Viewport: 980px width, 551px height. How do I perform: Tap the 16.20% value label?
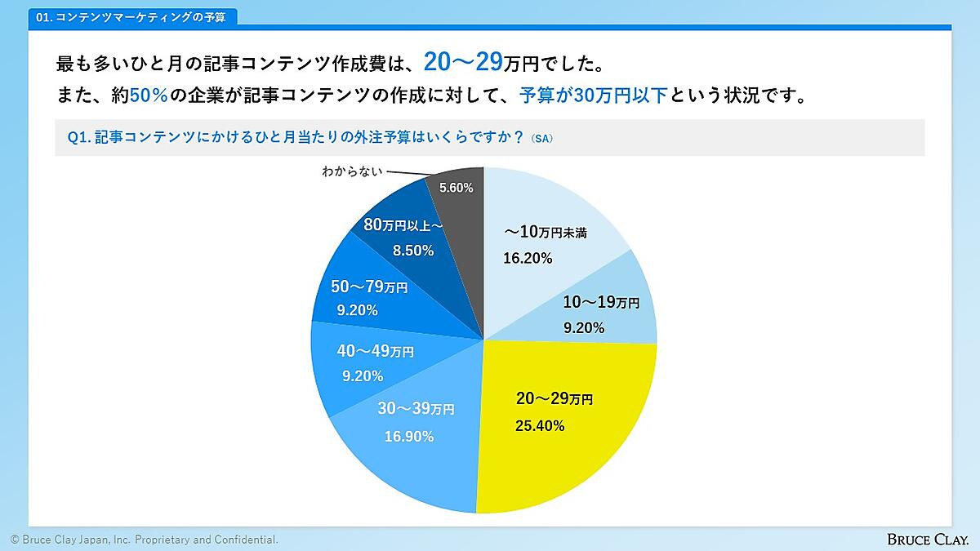click(528, 259)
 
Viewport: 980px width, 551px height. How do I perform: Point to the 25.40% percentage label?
click(540, 425)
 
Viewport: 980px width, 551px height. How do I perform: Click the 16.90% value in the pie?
click(409, 437)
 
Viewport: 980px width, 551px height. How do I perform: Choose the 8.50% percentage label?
click(413, 251)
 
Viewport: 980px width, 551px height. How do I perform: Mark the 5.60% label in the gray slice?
click(456, 188)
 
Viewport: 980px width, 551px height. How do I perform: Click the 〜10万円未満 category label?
click(546, 233)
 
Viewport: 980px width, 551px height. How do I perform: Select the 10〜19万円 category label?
click(601, 303)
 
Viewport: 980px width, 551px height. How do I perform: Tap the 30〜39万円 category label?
click(416, 409)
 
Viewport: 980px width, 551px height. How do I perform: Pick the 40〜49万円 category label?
click(375, 352)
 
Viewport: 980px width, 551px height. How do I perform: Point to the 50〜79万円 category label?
click(369, 287)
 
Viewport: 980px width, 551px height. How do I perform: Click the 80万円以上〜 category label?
click(403, 225)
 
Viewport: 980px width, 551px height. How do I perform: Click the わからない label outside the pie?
click(350, 172)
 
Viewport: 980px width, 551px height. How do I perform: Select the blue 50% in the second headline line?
click(149, 96)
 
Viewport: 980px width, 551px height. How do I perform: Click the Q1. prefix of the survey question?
click(78, 138)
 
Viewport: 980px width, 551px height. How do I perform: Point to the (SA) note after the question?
click(541, 139)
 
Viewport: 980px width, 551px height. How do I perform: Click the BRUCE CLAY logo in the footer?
click(928, 539)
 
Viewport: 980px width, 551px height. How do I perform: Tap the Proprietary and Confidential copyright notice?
click(144, 540)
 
